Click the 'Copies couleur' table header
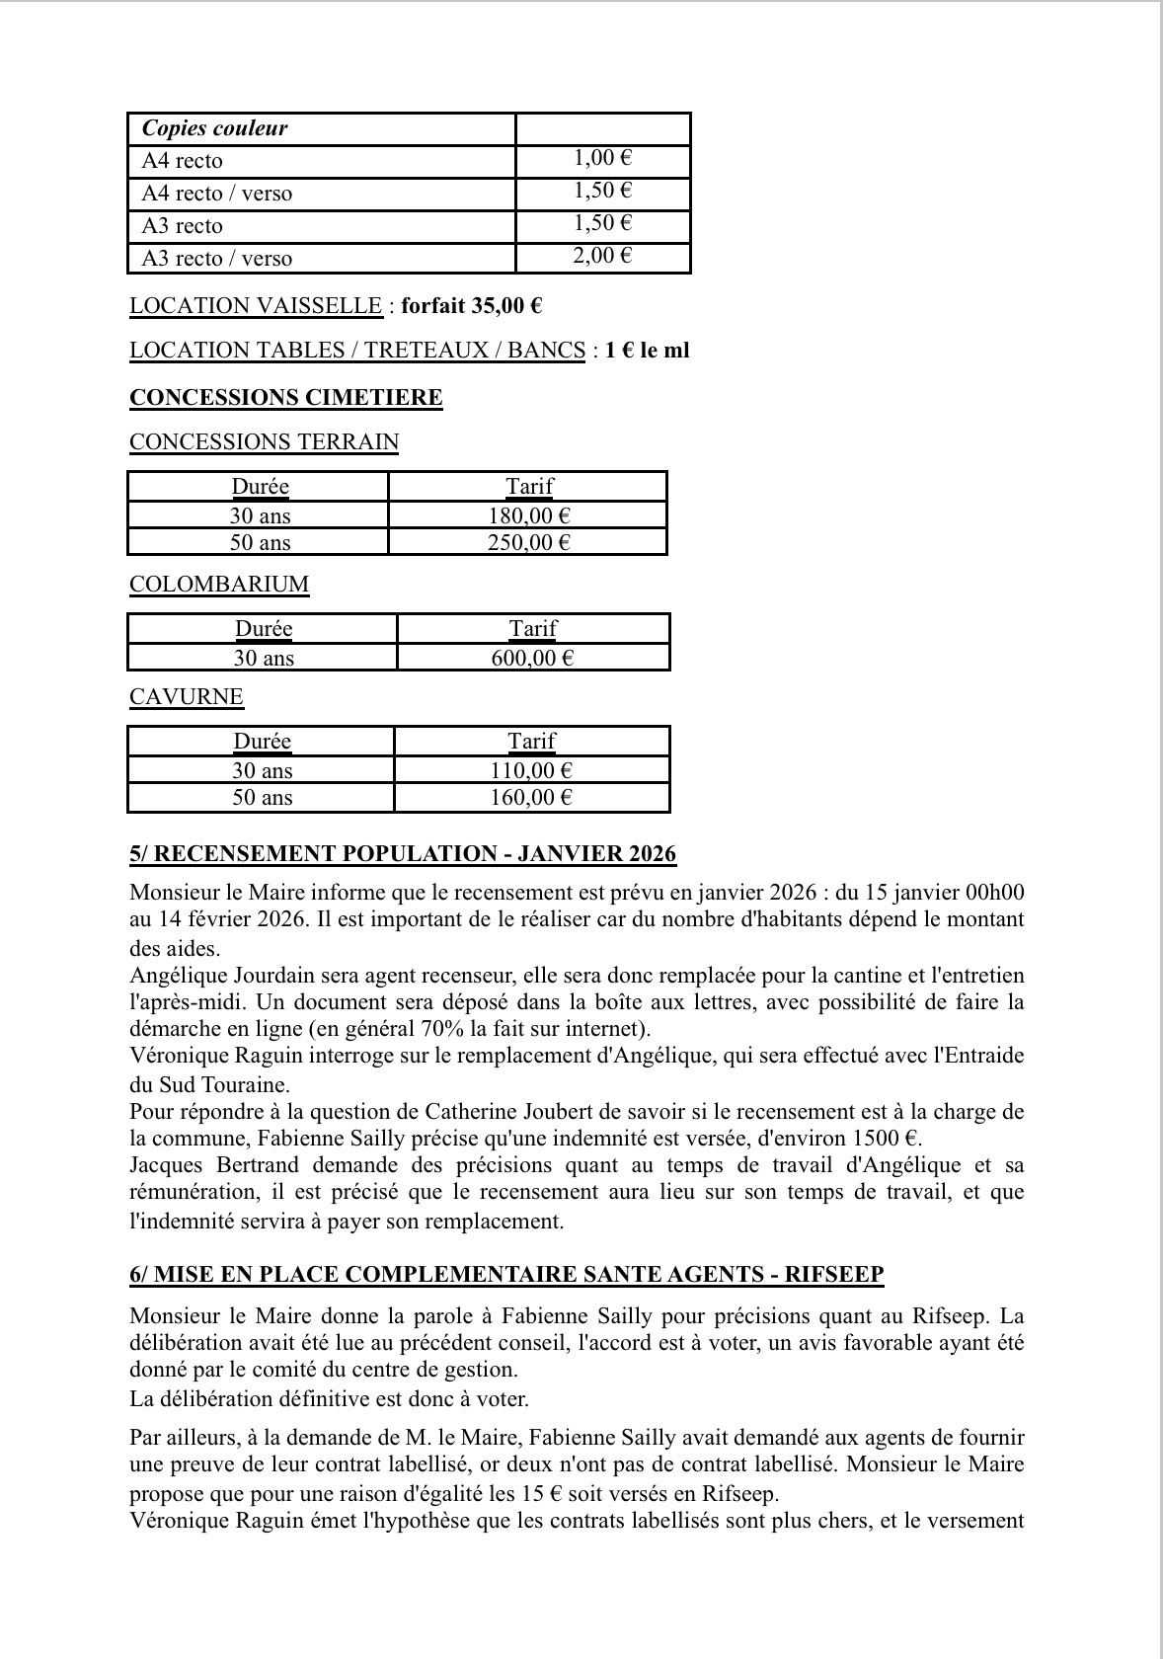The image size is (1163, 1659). [215, 128]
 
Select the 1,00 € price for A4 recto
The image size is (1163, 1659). [602, 158]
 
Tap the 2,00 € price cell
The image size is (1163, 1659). [602, 256]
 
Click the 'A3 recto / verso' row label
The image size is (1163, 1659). [217, 259]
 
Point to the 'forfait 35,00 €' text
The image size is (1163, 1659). [471, 305]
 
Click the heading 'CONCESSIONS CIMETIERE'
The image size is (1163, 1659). [286, 398]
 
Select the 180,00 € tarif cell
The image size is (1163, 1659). [529, 515]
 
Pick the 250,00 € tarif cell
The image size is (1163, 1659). [529, 542]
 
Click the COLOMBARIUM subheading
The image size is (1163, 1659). [219, 584]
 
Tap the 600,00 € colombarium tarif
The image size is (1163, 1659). [532, 658]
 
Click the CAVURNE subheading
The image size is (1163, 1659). [186, 696]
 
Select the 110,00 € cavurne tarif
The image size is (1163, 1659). [531, 770]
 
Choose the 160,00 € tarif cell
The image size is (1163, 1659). [531, 797]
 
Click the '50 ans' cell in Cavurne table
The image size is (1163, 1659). [262, 797]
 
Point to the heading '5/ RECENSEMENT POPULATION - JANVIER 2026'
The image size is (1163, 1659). [403, 854]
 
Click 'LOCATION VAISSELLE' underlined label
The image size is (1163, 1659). [256, 305]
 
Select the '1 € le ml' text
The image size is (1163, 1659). [648, 351]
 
